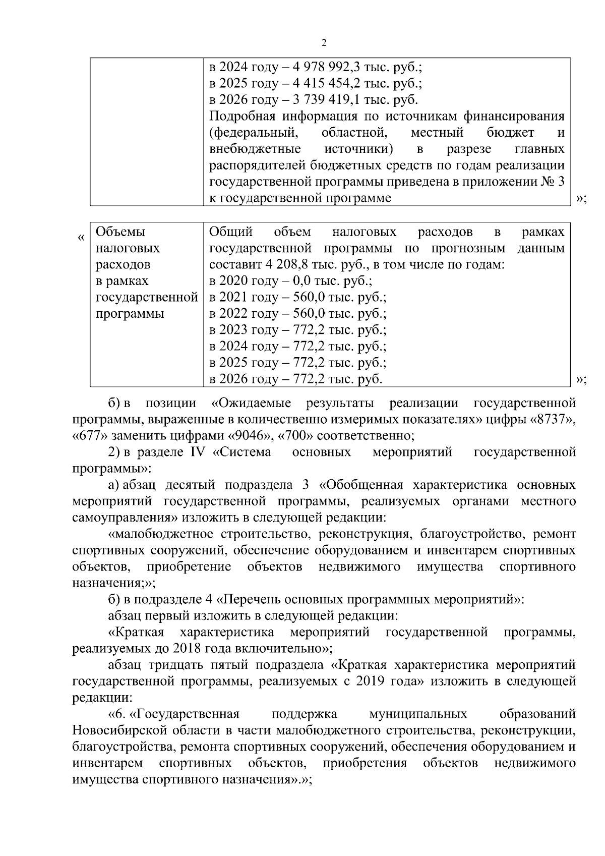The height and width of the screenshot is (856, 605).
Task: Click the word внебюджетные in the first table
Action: (x=255, y=149)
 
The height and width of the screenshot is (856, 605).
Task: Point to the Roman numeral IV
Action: (x=198, y=452)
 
